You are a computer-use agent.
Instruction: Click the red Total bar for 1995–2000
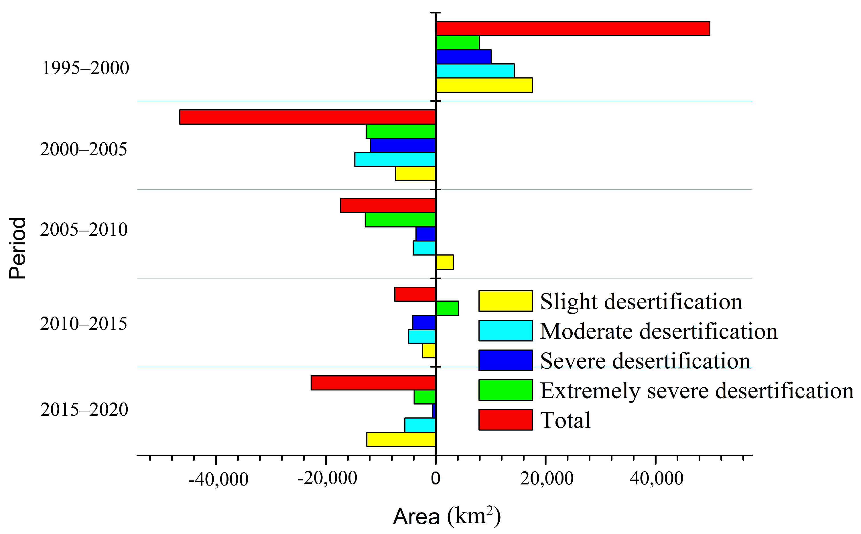point(572,29)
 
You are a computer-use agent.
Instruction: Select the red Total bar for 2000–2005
point(308,117)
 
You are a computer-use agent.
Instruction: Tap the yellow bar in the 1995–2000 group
point(484,85)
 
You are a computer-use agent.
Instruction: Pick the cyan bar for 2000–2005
point(395,160)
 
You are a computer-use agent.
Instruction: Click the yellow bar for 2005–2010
point(444,262)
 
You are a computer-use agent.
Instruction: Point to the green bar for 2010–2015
point(447,308)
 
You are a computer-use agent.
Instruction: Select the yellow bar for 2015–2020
point(401,439)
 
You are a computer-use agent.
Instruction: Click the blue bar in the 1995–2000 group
point(464,56)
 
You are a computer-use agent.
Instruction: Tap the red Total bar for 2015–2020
point(373,383)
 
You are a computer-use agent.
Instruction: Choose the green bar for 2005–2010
point(400,220)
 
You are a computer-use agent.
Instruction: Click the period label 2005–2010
point(84,229)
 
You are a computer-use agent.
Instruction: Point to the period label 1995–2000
point(85,68)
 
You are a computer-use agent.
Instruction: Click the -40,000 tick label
point(218,480)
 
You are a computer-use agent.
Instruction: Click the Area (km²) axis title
point(447,516)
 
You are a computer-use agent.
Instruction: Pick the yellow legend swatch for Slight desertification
point(505,301)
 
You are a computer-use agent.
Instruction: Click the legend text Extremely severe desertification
point(696,390)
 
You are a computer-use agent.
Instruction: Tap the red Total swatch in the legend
point(505,420)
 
